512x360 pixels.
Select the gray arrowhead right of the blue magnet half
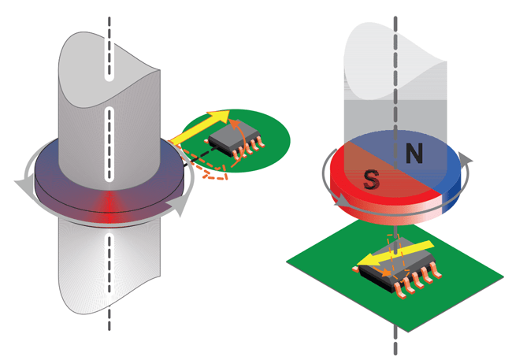pyautogui.click(x=470, y=160)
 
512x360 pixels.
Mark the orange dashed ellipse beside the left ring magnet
pyautogui.click(x=206, y=168)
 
